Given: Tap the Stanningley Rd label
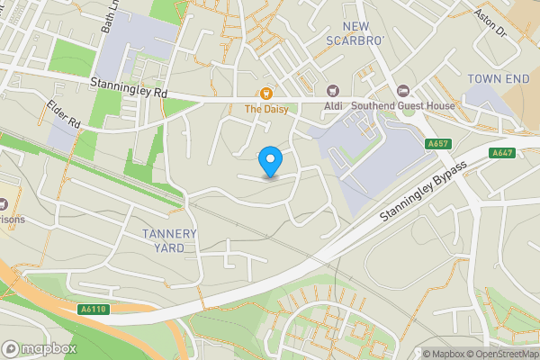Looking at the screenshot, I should [x=129, y=87].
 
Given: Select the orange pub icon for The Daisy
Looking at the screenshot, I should [x=265, y=93].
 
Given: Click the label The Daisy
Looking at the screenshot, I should [x=265, y=109].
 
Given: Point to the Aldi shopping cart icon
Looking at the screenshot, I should [x=333, y=90].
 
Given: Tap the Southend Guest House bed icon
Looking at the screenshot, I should [x=402, y=90].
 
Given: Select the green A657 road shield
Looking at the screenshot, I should [x=438, y=144].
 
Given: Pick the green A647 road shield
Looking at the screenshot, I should [x=502, y=154].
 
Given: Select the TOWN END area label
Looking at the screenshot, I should [x=497, y=79].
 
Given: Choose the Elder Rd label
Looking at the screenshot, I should [x=64, y=113].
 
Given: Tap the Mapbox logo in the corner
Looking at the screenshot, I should [x=40, y=348].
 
